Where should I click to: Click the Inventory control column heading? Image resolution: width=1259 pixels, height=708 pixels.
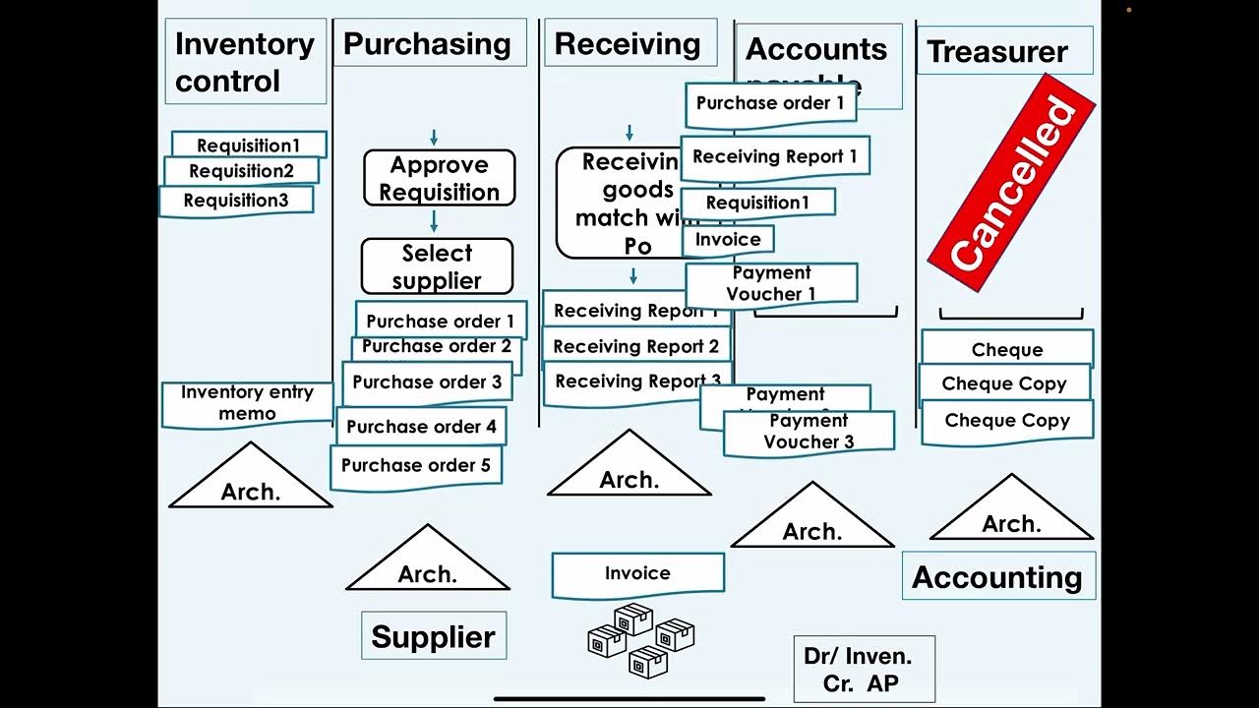245,61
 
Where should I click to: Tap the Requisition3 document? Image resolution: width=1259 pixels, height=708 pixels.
236,201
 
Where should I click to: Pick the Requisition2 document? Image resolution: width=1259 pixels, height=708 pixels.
241,171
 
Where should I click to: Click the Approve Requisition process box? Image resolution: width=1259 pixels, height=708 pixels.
439,178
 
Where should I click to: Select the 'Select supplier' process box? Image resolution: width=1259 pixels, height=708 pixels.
437,266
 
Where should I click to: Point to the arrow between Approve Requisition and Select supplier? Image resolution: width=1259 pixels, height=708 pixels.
434,221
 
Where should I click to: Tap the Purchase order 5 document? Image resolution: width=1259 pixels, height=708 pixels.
416,466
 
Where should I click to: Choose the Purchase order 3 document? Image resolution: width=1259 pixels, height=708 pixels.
427,383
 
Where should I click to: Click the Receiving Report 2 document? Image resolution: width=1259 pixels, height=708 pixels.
635,346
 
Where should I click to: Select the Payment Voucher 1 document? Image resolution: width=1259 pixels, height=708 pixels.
771,283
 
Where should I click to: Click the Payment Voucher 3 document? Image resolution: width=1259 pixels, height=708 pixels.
809,432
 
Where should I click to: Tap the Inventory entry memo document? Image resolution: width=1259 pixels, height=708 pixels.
247,403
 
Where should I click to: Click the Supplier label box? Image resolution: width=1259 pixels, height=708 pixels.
433,636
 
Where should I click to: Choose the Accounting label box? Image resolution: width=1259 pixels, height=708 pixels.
997,577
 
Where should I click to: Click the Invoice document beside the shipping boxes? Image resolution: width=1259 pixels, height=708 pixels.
637,573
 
